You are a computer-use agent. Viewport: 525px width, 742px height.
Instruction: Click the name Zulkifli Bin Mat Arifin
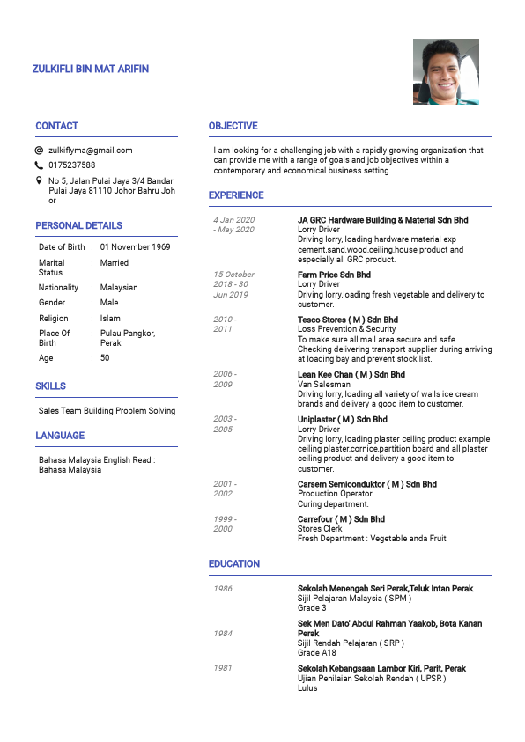(x=90, y=69)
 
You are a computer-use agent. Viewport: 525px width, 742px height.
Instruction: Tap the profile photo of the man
(x=446, y=71)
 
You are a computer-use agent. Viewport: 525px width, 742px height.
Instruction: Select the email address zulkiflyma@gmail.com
(x=90, y=151)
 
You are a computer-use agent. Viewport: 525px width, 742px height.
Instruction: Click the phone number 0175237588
(x=71, y=165)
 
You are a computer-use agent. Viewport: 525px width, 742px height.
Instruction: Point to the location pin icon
(x=39, y=180)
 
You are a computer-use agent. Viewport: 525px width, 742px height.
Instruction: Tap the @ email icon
(x=39, y=151)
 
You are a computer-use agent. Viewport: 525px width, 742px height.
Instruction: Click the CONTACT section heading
(x=56, y=126)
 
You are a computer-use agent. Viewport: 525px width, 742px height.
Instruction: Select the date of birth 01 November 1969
(x=135, y=247)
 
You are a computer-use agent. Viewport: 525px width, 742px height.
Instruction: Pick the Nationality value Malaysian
(x=119, y=288)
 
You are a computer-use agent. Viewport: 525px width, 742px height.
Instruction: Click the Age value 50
(x=105, y=358)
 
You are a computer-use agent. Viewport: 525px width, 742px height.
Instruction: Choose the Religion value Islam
(x=110, y=319)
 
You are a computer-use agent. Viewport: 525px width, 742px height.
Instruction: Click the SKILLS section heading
(x=50, y=386)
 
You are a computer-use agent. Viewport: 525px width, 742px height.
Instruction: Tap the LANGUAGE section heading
(x=60, y=436)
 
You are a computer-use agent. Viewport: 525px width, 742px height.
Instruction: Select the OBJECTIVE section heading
(x=233, y=126)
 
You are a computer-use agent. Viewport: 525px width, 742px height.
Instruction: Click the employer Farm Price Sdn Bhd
(x=334, y=275)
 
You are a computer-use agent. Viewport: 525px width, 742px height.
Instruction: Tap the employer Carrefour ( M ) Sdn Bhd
(x=341, y=519)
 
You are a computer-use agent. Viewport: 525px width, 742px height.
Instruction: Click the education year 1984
(x=223, y=634)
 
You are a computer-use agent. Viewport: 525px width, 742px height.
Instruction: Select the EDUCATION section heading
(x=233, y=563)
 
